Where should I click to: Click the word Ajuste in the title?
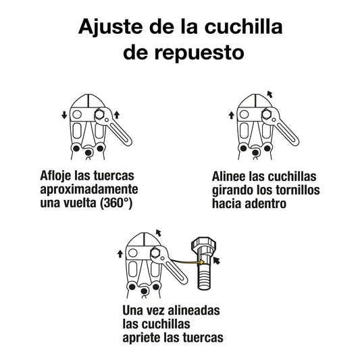pyautogui.click(x=109, y=27)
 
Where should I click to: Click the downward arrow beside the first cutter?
pyautogui.click(x=64, y=115)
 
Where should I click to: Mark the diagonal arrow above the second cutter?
pyautogui.click(x=271, y=94)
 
